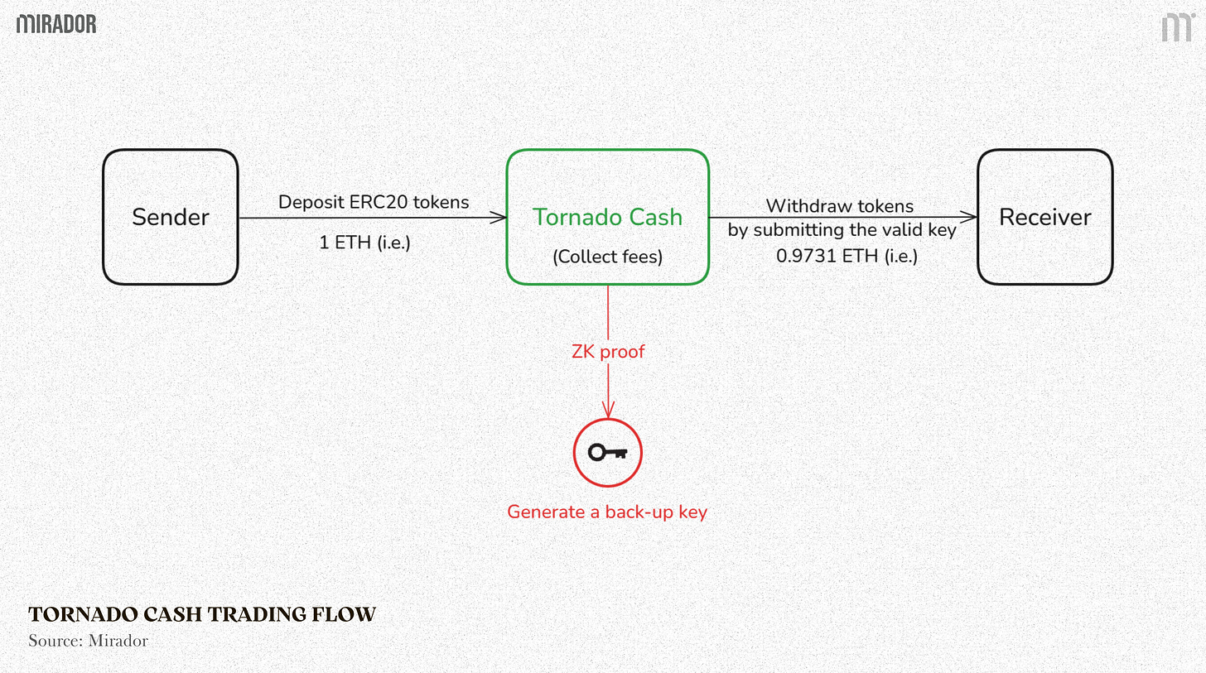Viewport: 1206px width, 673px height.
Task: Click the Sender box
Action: coord(170,217)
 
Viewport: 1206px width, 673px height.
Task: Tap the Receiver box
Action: coord(1044,217)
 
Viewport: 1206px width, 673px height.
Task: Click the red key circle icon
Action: coord(608,452)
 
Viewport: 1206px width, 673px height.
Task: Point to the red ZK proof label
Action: coord(608,352)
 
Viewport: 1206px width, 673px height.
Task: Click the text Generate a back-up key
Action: coord(607,512)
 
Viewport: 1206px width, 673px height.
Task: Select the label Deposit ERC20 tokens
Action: coord(374,202)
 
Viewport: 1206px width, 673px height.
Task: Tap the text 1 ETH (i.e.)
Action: coord(364,243)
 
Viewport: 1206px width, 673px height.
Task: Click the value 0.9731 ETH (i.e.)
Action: coord(847,257)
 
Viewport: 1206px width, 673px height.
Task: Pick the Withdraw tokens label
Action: coord(839,206)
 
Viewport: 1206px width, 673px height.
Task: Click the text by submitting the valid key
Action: coord(842,230)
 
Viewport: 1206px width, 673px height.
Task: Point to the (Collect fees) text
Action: coord(608,257)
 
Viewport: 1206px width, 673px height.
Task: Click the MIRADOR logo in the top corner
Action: coord(56,24)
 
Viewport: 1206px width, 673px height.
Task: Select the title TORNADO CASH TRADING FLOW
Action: coord(202,614)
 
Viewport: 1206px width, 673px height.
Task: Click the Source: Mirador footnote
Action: coord(88,641)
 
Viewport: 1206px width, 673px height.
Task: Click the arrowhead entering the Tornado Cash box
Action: coord(499,218)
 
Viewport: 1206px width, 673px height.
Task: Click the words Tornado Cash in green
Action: coord(607,217)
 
